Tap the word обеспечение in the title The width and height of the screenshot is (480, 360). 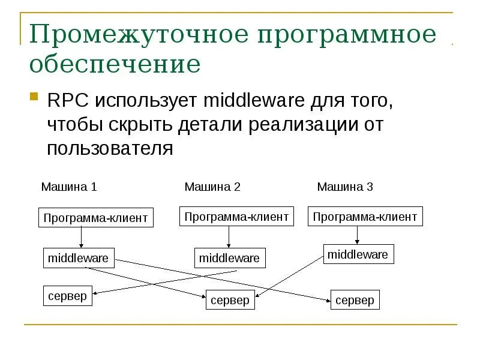tap(115, 64)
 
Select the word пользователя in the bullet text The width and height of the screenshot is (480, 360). tap(110, 148)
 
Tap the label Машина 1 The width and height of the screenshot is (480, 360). tap(69, 187)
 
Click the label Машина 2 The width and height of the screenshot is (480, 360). tap(212, 187)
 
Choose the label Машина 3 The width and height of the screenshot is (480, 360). tap(345, 187)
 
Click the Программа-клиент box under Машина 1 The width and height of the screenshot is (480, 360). tap(96, 218)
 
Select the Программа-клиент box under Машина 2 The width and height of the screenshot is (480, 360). tap(236, 217)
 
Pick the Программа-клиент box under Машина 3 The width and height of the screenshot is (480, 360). tap(365, 217)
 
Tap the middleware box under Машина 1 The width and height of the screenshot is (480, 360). tap(79, 258)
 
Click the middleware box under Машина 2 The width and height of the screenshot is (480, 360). tap(229, 258)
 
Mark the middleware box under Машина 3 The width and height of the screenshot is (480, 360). tap(358, 254)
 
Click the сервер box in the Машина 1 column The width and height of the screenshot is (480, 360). tap(68, 296)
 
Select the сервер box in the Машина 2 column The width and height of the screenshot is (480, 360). tap(230, 300)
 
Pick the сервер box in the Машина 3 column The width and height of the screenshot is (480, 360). tap(355, 300)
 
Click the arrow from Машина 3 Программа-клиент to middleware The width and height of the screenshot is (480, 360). tap(358, 235)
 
